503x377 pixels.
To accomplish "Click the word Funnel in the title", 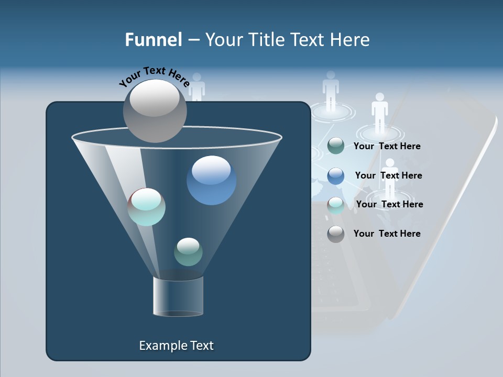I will coord(154,40).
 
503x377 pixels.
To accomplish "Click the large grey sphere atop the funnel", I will coord(155,110).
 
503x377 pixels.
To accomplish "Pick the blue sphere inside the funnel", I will coord(211,180).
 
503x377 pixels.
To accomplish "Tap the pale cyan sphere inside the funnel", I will coord(147,207).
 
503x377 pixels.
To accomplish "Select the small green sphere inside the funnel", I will coord(188,252).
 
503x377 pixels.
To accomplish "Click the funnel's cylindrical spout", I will coord(178,296).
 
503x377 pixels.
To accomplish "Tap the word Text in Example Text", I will coord(202,346).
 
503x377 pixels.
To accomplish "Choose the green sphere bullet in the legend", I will coord(336,146).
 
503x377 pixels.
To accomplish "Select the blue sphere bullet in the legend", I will coord(336,176).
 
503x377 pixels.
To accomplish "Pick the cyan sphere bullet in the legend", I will coord(336,205).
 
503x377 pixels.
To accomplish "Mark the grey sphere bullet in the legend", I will coord(336,234).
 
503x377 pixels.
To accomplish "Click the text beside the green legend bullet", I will coord(387,147).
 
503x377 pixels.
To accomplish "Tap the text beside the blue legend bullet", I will coord(388,176).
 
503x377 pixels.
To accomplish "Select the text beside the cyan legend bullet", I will coord(389,205).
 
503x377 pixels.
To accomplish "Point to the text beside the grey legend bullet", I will coord(387,234).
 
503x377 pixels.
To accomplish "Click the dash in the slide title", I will coord(193,40).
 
